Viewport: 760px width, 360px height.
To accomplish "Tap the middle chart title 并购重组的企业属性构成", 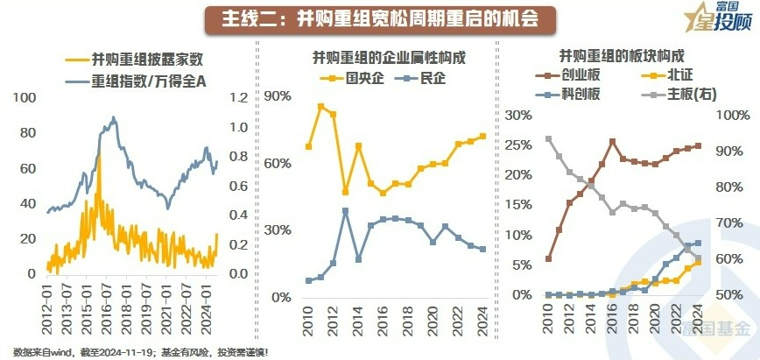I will click(389, 59).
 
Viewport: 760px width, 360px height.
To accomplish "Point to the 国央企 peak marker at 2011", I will click(320, 106).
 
